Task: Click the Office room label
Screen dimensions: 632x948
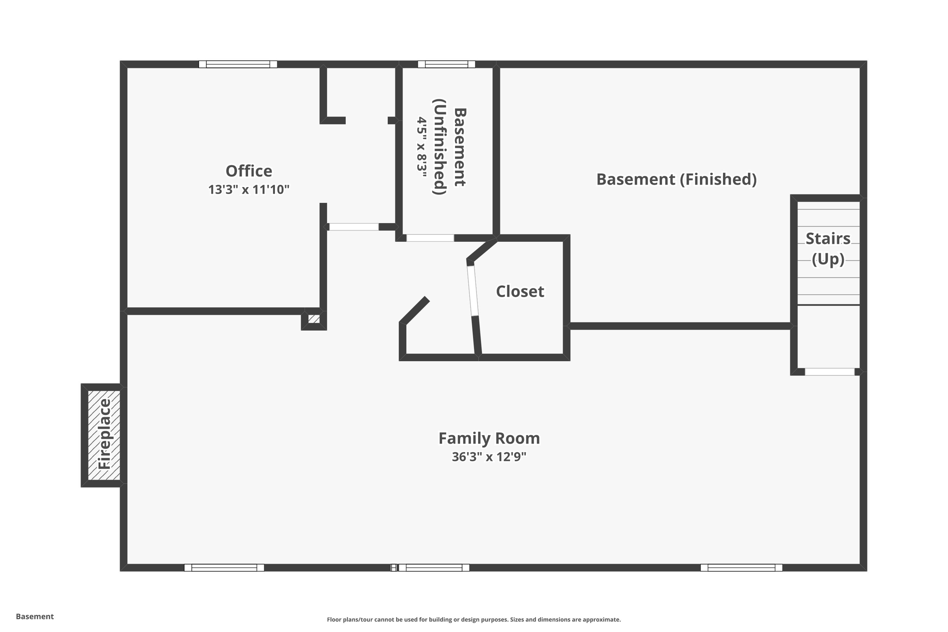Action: [249, 171]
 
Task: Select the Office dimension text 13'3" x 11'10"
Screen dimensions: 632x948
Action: [249, 189]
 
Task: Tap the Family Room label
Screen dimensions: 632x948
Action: [489, 438]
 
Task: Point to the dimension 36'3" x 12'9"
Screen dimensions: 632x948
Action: [489, 457]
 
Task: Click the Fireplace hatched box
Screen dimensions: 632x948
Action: [104, 435]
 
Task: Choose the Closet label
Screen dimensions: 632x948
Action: [520, 291]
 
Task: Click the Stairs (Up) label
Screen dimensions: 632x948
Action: [828, 249]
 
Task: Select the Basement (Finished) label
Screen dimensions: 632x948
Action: [676, 179]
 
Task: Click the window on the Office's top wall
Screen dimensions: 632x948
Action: [238, 64]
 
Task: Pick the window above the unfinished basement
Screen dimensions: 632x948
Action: [446, 64]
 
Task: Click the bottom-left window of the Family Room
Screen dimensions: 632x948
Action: [224, 568]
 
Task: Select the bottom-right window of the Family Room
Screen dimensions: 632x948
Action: [741, 568]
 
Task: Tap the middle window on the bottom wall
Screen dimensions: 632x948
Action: [434, 568]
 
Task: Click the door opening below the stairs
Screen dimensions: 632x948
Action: [829, 372]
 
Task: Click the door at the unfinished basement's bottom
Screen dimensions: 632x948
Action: [430, 238]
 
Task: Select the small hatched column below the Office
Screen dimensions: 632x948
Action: [314, 319]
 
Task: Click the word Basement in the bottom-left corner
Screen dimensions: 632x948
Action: [35, 616]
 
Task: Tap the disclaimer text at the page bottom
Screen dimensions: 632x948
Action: [474, 619]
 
